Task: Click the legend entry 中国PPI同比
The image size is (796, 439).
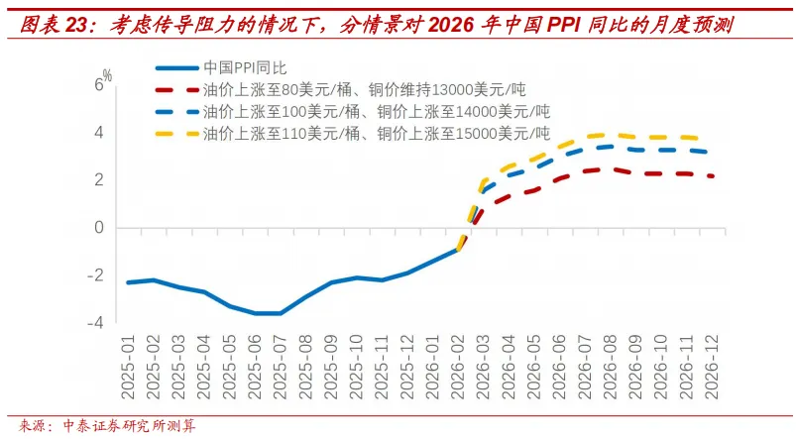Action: click(244, 68)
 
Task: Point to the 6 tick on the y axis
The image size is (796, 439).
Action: click(97, 85)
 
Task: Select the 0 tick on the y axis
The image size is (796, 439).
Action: click(97, 228)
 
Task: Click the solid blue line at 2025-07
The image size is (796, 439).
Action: click(282, 313)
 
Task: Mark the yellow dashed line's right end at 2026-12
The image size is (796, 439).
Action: click(708, 140)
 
